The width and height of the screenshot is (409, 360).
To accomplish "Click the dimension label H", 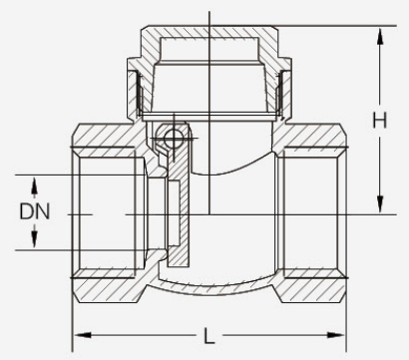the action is pyautogui.click(x=379, y=120).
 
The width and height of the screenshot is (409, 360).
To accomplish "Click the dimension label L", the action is pyautogui.click(x=208, y=336).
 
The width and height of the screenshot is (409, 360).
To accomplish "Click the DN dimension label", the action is pyautogui.click(x=35, y=211).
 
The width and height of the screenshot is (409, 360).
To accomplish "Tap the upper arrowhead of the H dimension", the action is pyautogui.click(x=380, y=37).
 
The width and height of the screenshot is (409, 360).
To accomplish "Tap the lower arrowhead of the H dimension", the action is pyautogui.click(x=380, y=203).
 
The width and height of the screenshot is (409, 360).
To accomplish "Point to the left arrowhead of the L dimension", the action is pyautogui.click(x=83, y=335).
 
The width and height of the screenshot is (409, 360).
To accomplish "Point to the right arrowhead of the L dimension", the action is pyautogui.click(x=336, y=335).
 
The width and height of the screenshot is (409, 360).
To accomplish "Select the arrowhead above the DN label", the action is pyautogui.click(x=34, y=185).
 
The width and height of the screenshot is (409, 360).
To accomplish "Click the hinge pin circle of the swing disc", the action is pyautogui.click(x=174, y=138).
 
